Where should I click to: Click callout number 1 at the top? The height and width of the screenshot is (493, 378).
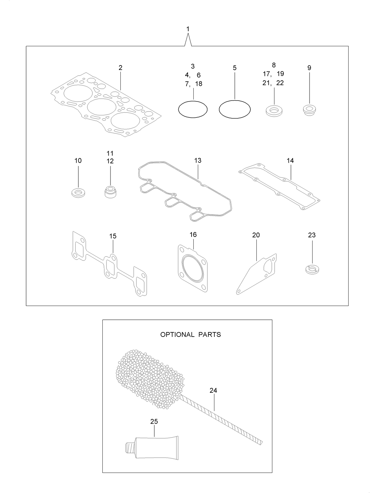coord(188,29)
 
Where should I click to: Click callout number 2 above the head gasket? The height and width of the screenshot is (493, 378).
coord(120,68)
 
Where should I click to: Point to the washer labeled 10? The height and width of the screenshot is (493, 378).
coord(78,192)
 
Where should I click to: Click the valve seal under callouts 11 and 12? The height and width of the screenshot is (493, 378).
coord(110,192)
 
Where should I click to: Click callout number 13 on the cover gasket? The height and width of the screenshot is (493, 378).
coord(198,161)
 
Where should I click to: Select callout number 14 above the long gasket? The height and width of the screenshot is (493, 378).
coord(290,161)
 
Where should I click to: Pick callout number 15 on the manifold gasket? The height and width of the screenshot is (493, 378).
coord(113,236)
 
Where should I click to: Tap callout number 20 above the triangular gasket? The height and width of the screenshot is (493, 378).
coord(256,235)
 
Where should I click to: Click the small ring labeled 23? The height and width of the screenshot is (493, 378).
coord(312,269)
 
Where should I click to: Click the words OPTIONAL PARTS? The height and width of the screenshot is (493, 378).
coord(190,334)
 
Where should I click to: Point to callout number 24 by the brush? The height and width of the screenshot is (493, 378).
coord(213,390)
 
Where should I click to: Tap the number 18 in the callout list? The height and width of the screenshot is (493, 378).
coord(198,84)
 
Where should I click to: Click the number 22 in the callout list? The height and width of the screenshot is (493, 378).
coord(280,83)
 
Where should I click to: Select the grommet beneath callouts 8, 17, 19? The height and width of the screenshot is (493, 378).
coord(274,110)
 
